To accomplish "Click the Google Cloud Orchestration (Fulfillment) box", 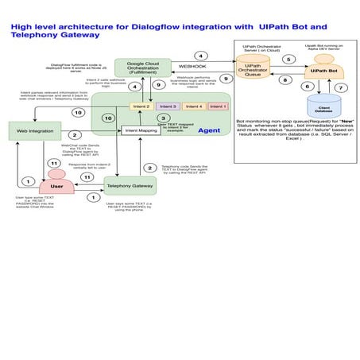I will tap(143, 68).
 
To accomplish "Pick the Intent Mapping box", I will tap(141, 130).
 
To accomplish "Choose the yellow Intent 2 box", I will tap(141, 106).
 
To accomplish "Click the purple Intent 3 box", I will tap(168, 106).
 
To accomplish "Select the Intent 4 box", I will tap(193, 106).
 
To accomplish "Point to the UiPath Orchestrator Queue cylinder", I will tap(254, 70).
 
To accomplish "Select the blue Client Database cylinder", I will tap(323, 105).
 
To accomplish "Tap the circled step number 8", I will tap(285, 79).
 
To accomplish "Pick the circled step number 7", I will tap(342, 87).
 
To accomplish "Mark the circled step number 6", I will tap(306, 87).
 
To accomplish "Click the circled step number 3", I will tap(163, 118).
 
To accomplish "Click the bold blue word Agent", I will tap(208, 130).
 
